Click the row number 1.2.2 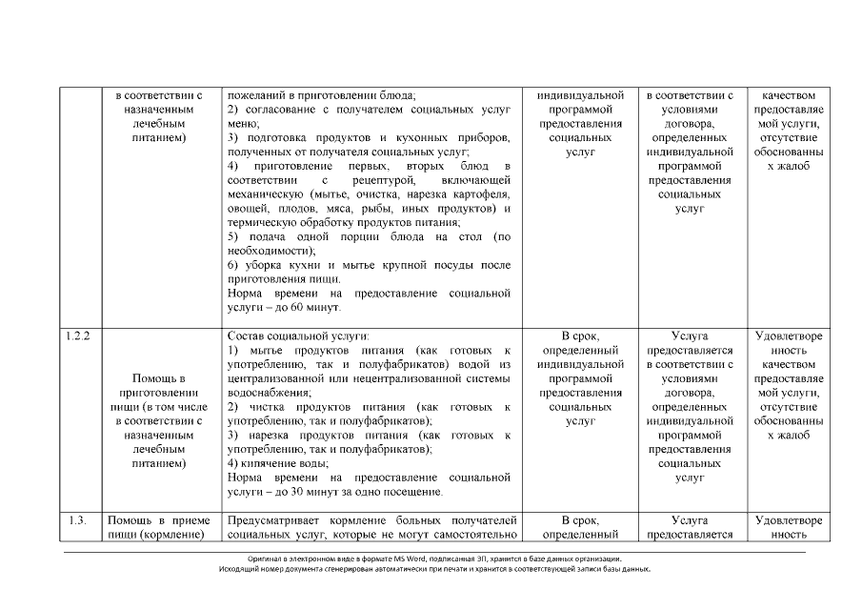pyautogui.click(x=79, y=336)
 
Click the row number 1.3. pyautogui.click(x=79, y=520)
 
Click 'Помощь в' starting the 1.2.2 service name pyautogui.click(x=158, y=378)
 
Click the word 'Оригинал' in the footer pyautogui.click(x=264, y=559)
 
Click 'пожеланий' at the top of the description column pyautogui.click(x=256, y=95)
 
